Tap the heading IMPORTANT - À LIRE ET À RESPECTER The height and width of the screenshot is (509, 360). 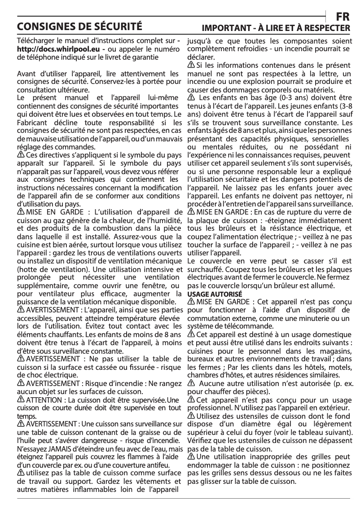276,28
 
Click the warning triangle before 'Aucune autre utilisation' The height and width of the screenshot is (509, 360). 191,383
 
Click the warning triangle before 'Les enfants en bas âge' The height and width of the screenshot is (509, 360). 191,98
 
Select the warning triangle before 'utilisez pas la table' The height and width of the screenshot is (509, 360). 20,473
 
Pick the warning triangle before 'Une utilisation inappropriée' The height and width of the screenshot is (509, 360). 190,456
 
